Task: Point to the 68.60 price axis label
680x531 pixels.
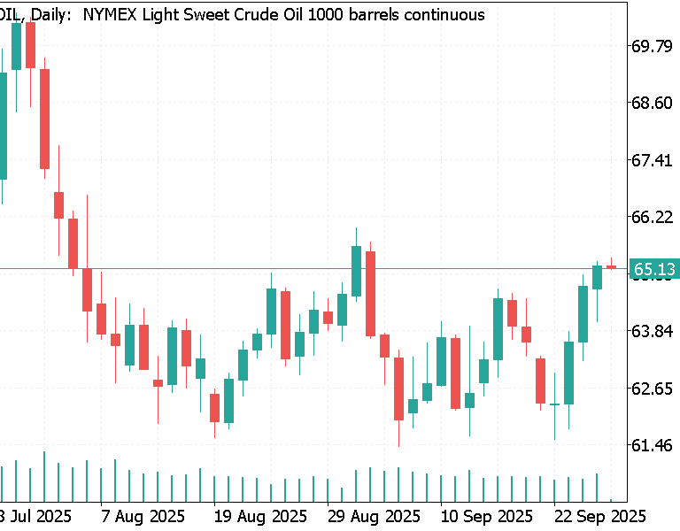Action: point(651,103)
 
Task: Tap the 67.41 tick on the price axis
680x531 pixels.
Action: point(651,160)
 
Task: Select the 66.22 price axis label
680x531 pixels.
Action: point(651,217)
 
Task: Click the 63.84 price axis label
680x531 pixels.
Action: point(651,331)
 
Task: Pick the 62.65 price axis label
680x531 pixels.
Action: point(651,389)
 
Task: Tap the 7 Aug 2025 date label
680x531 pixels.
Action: point(143,515)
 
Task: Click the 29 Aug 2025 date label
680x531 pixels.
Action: point(373,515)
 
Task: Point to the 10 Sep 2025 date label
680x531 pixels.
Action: point(487,515)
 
